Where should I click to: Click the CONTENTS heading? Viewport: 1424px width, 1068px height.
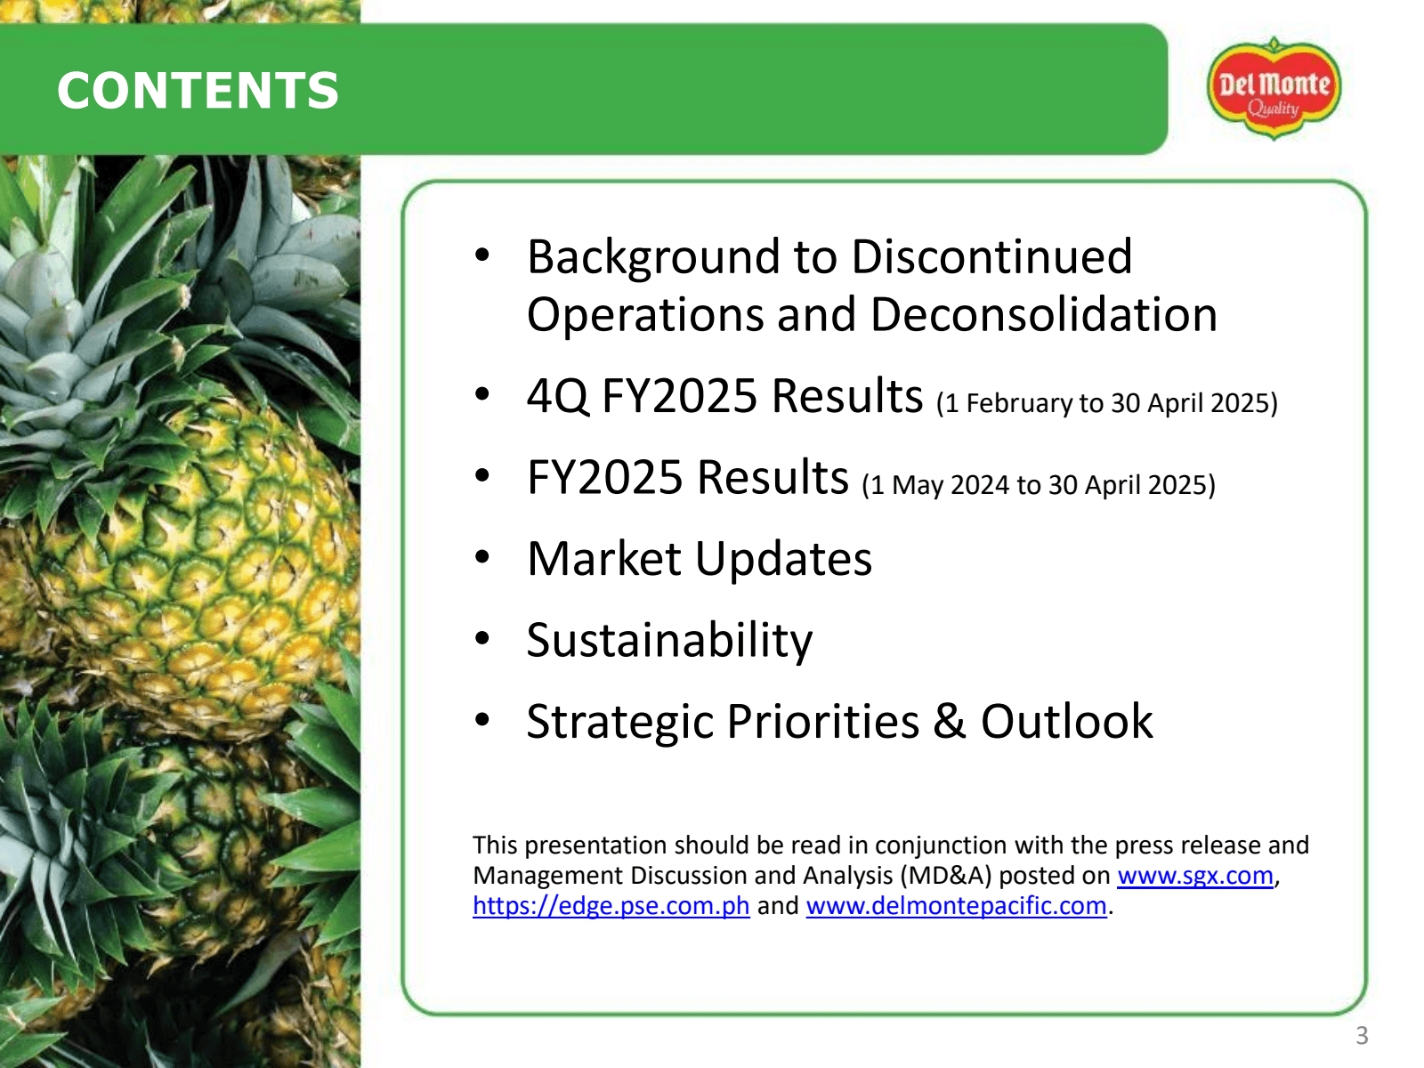[198, 91]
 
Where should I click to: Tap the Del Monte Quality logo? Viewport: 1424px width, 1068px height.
[1274, 89]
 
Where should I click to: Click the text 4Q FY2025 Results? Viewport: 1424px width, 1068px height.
[724, 396]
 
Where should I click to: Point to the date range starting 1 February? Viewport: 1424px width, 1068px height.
[1106, 403]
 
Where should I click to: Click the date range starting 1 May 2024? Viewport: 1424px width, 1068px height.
[1038, 485]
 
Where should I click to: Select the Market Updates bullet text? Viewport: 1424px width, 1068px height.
[700, 559]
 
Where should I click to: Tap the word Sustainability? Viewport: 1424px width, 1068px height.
[669, 641]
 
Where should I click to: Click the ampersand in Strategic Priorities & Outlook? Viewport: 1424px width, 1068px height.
[950, 722]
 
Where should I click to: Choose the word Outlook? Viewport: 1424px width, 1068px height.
[1066, 722]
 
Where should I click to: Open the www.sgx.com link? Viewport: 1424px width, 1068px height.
[1194, 876]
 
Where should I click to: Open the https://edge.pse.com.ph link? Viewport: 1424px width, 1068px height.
[611, 906]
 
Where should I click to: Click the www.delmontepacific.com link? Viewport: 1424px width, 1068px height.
[956, 906]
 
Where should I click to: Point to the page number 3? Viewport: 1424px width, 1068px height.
[1361, 1035]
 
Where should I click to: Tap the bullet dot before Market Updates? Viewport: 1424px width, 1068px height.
[482, 557]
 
